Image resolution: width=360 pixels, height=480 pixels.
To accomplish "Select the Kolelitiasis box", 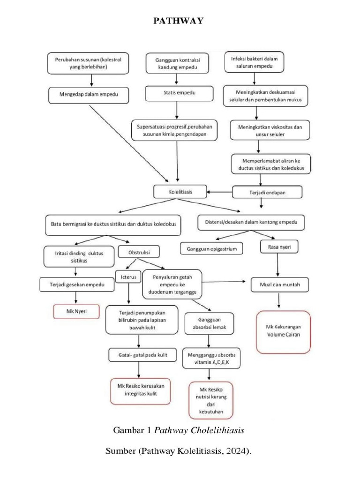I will tap(180, 191).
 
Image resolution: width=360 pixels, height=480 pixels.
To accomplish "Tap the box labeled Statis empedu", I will tap(176, 93).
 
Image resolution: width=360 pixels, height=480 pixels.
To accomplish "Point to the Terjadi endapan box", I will tap(268, 192).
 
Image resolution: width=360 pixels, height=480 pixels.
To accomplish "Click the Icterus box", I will tap(128, 277).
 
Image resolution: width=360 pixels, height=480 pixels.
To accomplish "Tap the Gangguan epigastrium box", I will tap(212, 248).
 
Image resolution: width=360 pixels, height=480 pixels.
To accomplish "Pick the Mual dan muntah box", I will tap(279, 284).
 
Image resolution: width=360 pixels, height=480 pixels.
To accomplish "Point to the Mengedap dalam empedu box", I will tap(89, 95).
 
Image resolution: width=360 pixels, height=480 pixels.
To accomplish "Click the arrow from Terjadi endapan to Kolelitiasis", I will tap(220, 192).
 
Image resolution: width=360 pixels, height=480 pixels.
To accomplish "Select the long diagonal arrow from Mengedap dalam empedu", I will tap(129, 143).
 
